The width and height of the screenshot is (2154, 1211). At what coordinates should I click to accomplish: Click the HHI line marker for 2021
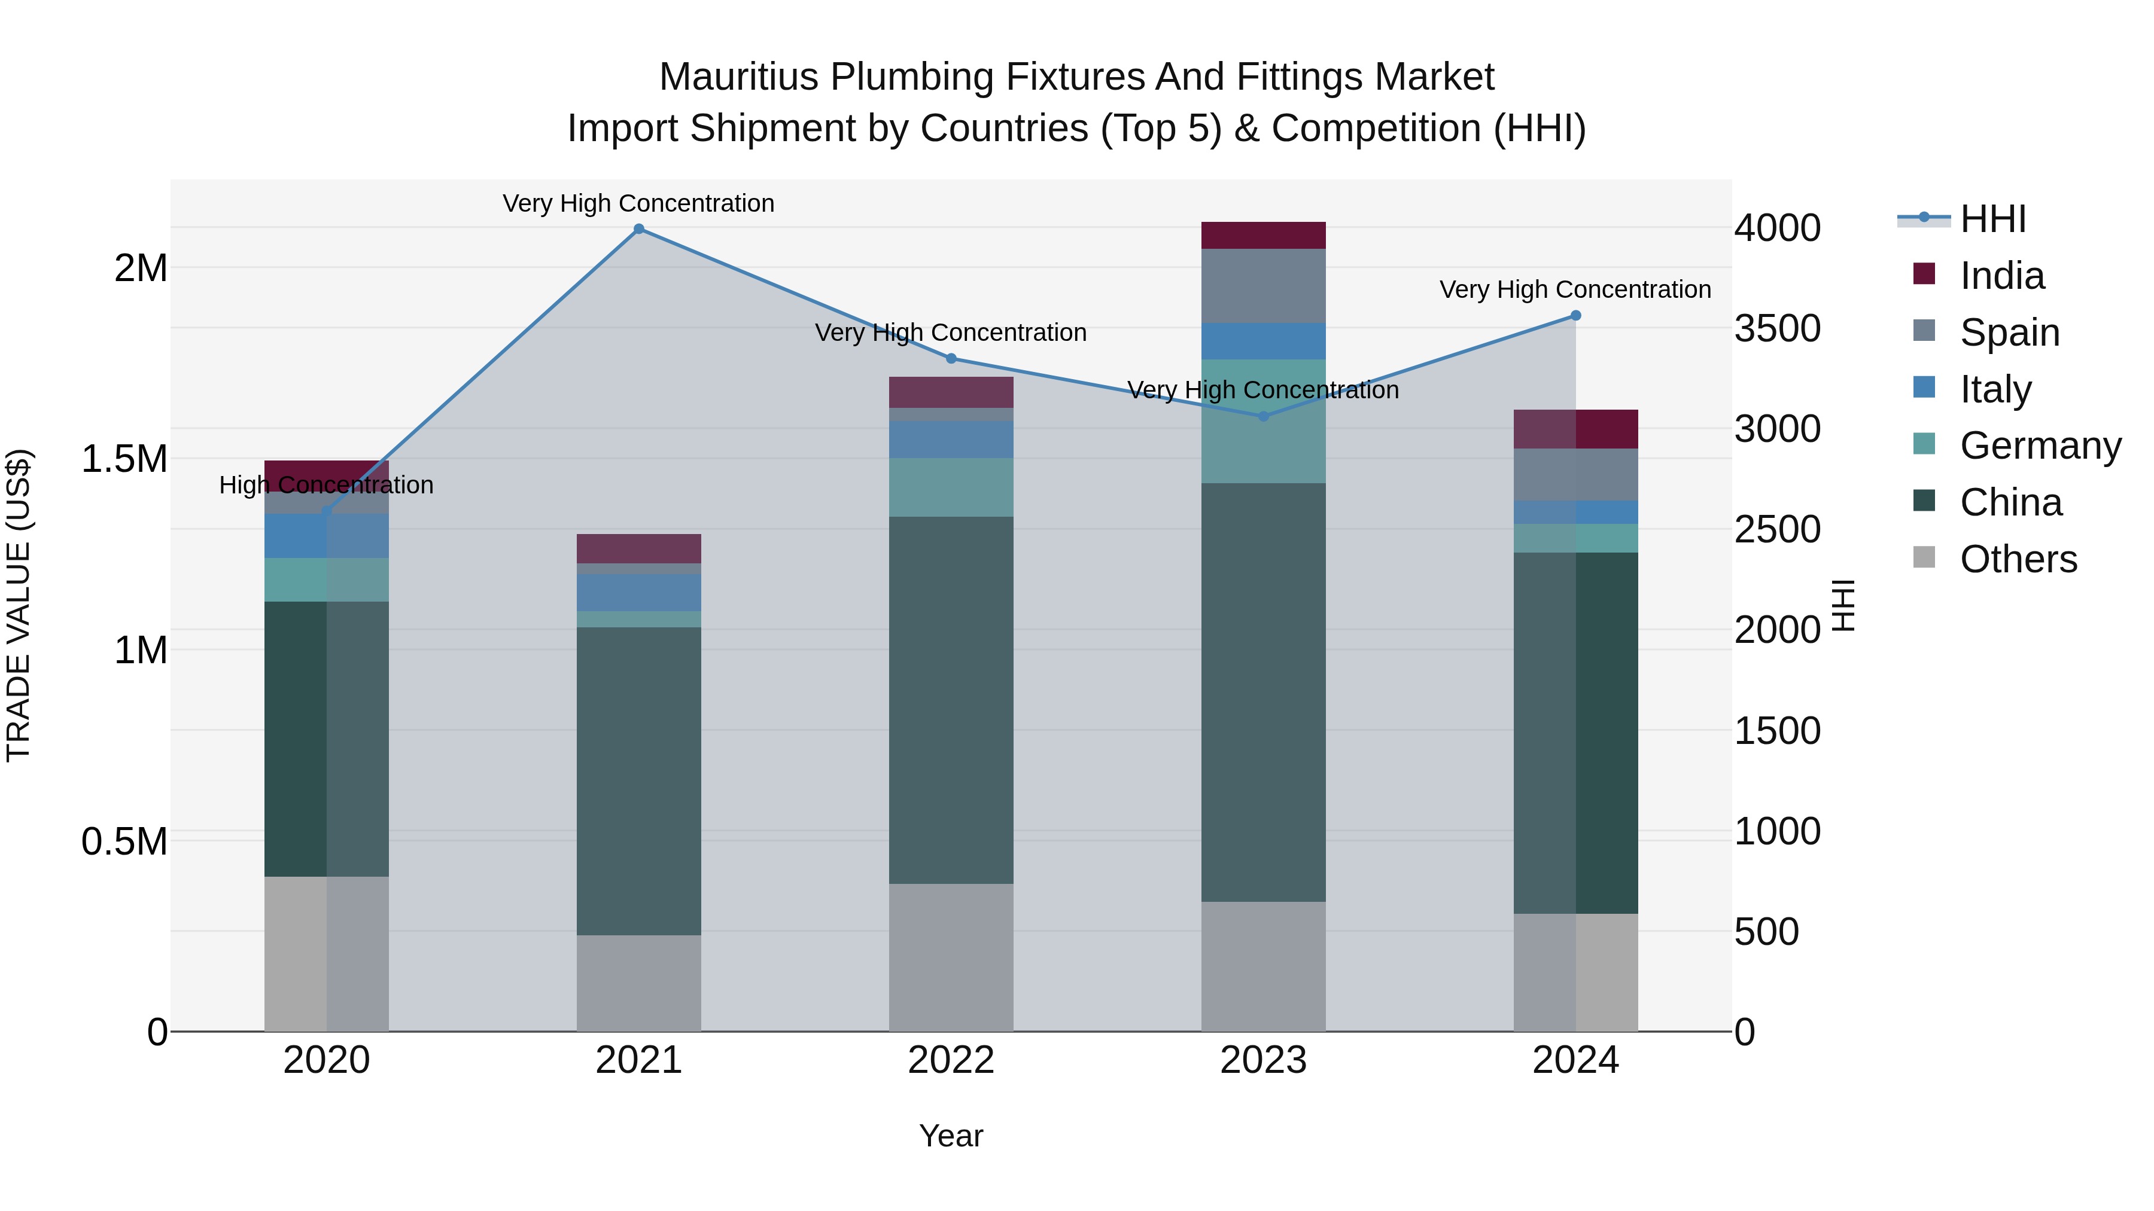[639, 229]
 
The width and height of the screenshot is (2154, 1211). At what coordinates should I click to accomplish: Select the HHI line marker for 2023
[1264, 416]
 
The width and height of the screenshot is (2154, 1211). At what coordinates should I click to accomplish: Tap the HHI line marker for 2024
[1575, 316]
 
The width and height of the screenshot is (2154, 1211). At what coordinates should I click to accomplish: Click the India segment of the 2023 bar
[1264, 236]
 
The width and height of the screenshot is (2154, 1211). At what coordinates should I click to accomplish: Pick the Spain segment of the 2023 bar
[1264, 286]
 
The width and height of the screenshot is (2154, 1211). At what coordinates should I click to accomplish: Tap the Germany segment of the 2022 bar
[951, 487]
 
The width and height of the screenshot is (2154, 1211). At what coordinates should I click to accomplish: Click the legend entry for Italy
[1995, 389]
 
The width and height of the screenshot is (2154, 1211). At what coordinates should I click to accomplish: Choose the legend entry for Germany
[2040, 446]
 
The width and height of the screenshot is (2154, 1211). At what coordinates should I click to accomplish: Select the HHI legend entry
[1992, 219]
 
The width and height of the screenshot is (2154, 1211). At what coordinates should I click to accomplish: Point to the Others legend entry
[2018, 559]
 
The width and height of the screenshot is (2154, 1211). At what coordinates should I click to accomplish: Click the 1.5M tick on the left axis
[124, 459]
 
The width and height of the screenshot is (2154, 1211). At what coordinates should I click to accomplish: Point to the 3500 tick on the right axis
[1777, 328]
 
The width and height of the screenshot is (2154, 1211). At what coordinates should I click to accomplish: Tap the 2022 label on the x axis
[951, 1060]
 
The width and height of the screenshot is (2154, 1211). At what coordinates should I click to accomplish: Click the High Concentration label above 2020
[326, 485]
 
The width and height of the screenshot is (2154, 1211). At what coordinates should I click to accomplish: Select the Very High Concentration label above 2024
[1575, 289]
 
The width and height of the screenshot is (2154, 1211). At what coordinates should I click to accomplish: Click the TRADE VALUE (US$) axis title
[19, 605]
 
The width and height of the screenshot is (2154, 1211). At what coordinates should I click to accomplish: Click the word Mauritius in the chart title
[738, 77]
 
